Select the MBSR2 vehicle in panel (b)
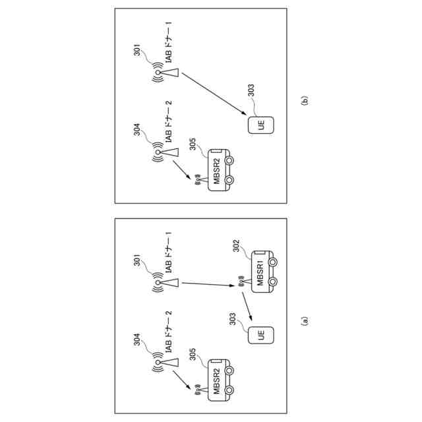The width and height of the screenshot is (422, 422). point(221,169)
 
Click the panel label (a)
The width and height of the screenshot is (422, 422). point(304,321)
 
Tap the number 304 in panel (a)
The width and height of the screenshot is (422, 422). point(138,342)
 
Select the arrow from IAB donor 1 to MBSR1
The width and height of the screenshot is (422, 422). point(208,284)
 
